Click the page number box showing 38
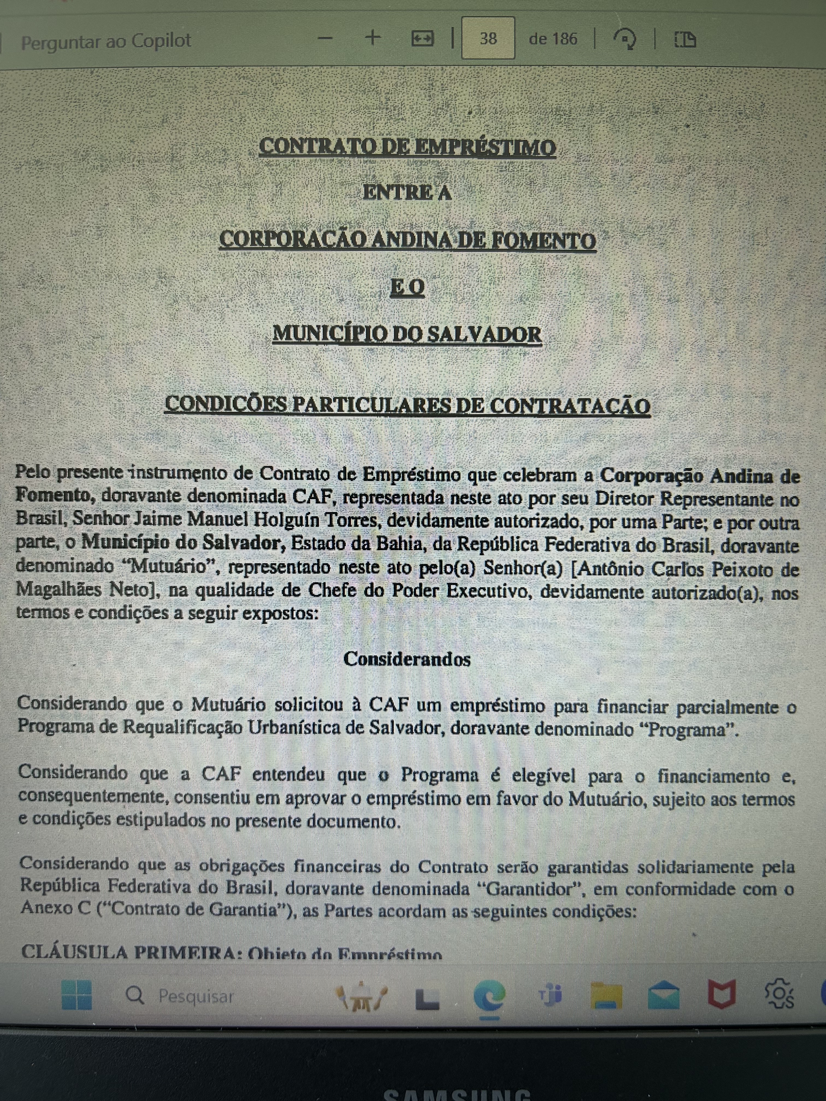(x=488, y=39)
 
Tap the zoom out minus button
(x=325, y=38)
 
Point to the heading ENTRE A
(x=407, y=193)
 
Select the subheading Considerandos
(x=407, y=659)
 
